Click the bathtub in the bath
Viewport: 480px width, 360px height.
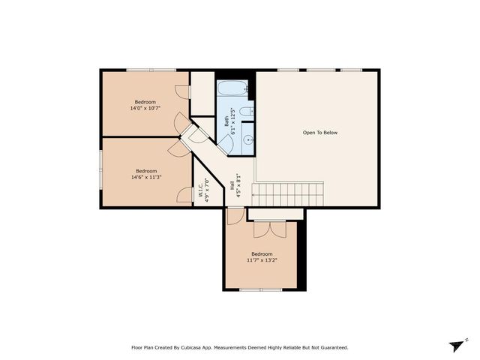pos(232,91)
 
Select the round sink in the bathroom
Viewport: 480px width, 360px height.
pos(247,139)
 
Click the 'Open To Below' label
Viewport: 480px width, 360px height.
pos(320,133)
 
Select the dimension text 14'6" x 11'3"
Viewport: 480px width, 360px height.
pos(146,177)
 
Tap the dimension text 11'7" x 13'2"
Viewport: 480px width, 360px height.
pos(262,260)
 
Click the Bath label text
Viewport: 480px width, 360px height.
pos(226,120)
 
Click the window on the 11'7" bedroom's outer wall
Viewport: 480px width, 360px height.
pos(260,289)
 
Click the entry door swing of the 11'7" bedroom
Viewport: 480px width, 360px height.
pos(235,217)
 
